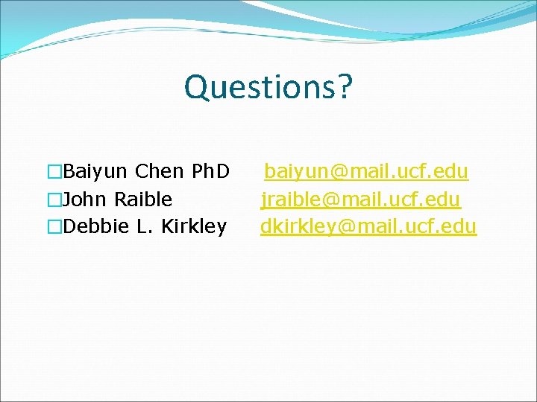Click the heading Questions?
pos(268,87)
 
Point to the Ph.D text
pos(210,172)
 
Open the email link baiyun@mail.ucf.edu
pos(366,172)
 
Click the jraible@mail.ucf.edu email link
pos(361,200)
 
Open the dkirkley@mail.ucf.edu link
pos(368,226)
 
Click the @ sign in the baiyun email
pos(339,173)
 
